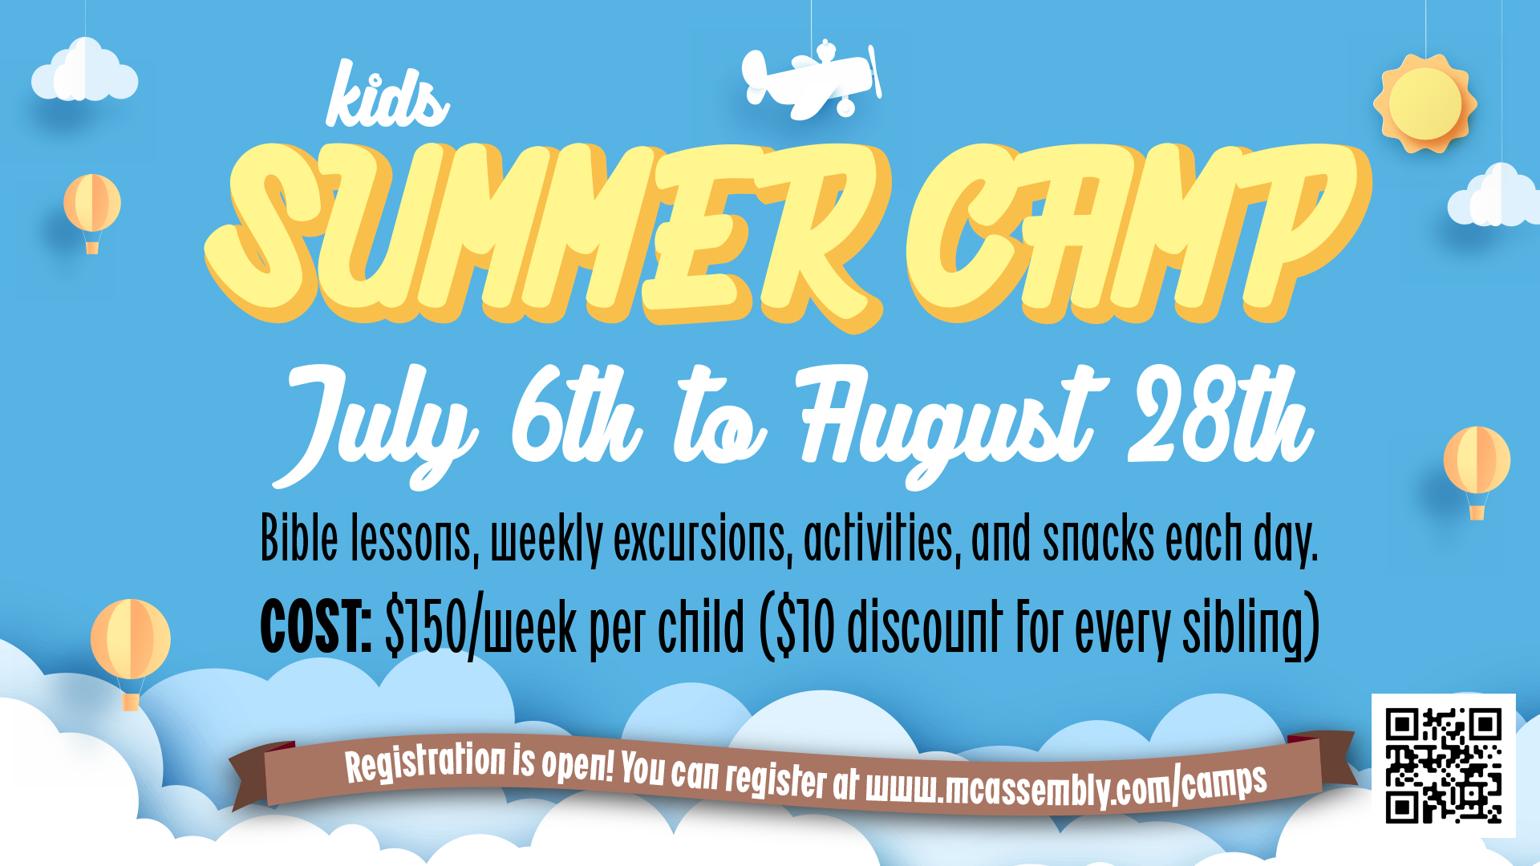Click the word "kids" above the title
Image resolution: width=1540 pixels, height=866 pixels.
[x=387, y=95]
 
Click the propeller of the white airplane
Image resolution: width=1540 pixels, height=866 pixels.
[x=875, y=71]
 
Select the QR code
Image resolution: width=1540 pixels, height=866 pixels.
[x=1443, y=765]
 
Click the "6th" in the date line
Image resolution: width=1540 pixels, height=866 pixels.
[x=576, y=415]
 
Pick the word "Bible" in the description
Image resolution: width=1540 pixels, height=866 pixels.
[x=299, y=538]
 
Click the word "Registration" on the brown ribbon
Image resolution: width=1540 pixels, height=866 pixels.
[x=426, y=763]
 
